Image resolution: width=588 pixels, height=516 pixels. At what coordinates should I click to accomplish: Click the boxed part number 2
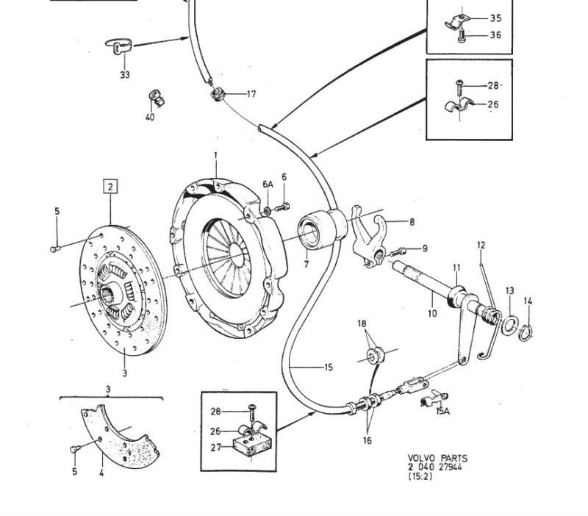click(110, 186)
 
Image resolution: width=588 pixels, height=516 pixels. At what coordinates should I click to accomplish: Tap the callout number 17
click(251, 94)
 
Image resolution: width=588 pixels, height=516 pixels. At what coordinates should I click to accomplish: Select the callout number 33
click(125, 75)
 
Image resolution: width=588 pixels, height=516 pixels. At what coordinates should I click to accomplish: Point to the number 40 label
click(150, 118)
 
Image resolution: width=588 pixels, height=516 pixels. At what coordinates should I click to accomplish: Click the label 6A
click(268, 184)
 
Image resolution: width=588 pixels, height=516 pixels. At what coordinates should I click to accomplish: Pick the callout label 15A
click(442, 411)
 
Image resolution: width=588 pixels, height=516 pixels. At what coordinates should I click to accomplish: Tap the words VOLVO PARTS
click(437, 458)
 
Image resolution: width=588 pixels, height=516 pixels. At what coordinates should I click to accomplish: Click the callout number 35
click(495, 18)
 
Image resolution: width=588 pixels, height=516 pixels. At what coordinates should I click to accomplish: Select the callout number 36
click(495, 35)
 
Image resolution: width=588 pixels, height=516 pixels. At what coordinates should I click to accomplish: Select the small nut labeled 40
click(155, 96)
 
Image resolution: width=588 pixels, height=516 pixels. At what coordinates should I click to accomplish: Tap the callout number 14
click(528, 301)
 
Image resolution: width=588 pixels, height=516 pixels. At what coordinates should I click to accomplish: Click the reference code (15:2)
click(420, 476)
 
